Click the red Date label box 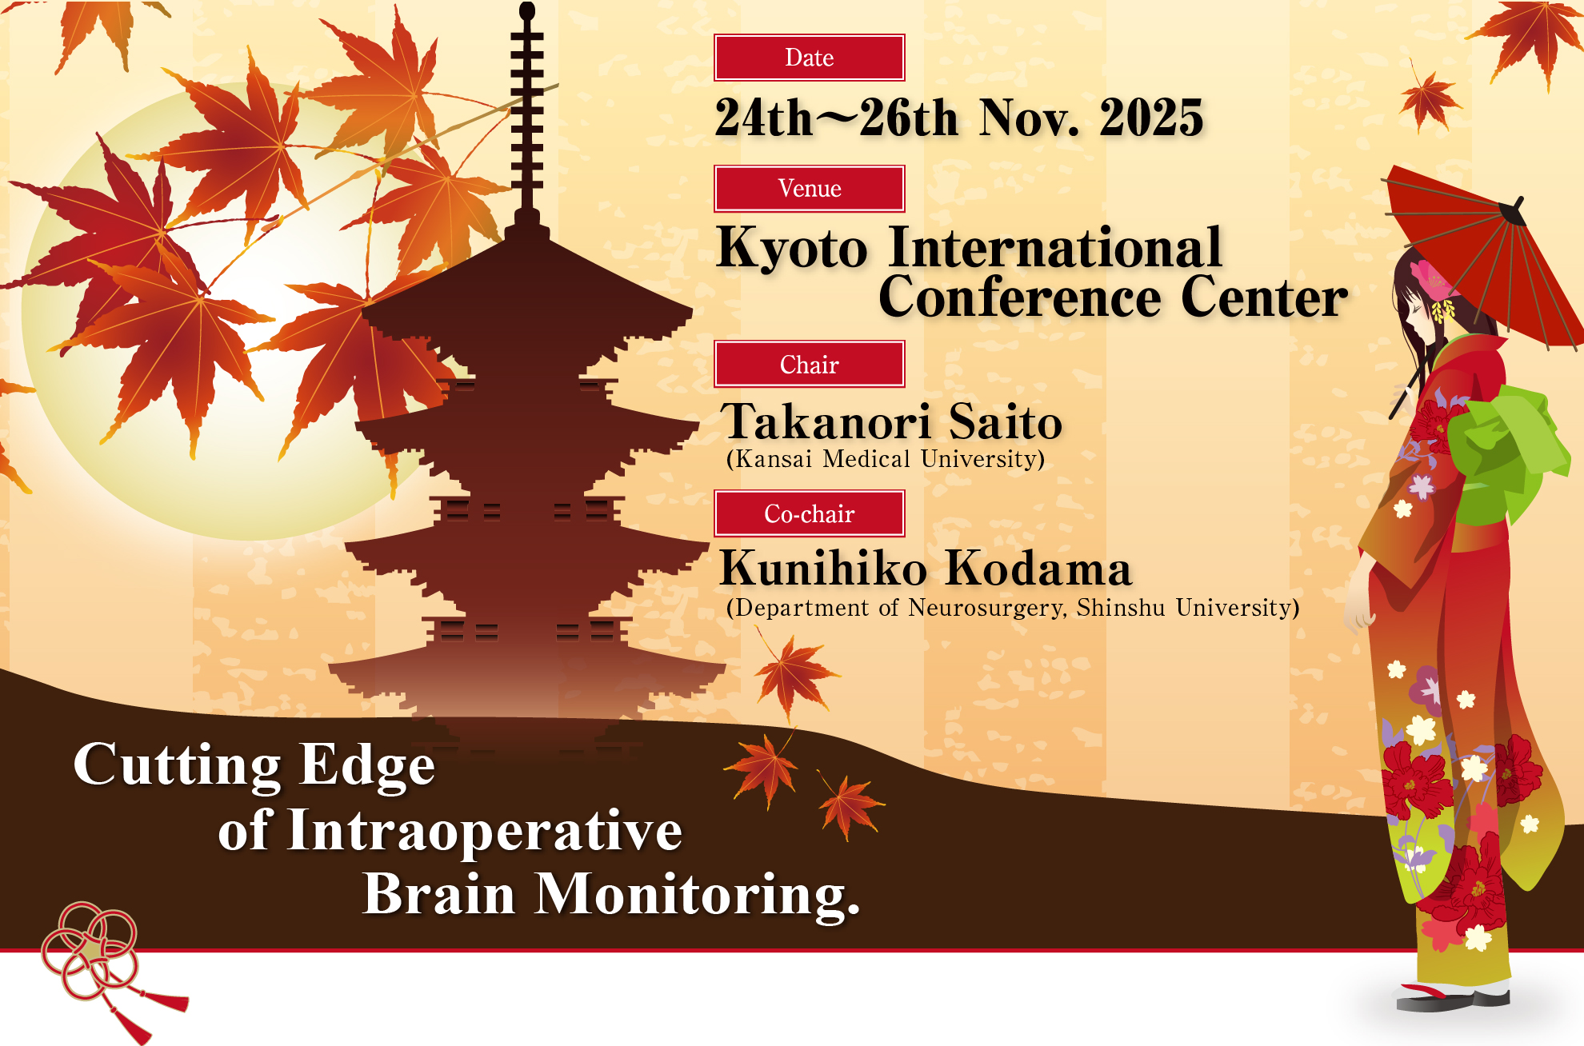coord(809,58)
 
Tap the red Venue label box coord(809,189)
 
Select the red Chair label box coord(809,365)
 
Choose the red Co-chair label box coord(809,513)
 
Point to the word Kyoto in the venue coord(792,249)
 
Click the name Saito coord(1005,422)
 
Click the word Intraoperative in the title coord(485,830)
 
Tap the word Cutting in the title coord(176,765)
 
